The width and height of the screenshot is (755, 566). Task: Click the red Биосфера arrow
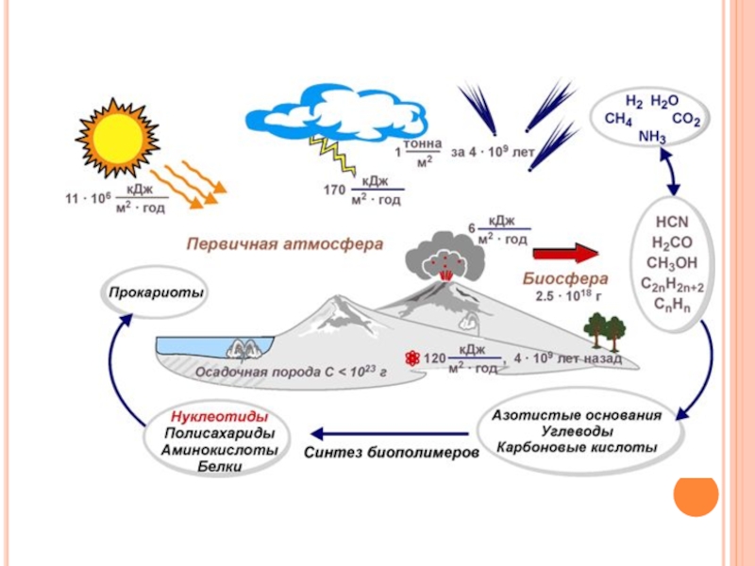(x=565, y=254)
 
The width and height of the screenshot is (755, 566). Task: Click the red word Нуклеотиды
(x=220, y=416)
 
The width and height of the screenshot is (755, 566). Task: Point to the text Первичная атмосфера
(x=283, y=243)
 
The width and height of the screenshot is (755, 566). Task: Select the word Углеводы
(x=577, y=430)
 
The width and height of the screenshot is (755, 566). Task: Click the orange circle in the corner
(x=696, y=493)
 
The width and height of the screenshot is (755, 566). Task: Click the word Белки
(x=220, y=467)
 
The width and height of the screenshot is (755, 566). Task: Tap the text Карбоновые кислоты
(x=577, y=446)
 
